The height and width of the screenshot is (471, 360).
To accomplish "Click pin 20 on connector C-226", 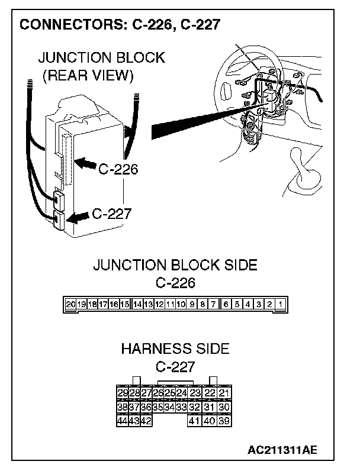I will (71, 305).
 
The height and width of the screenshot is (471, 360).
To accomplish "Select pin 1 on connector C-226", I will (281, 305).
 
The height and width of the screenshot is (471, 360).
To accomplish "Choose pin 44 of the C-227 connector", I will (123, 421).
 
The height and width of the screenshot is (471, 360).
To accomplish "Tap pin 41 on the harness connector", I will (194, 421).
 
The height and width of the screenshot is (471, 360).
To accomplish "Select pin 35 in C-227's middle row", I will (157, 407).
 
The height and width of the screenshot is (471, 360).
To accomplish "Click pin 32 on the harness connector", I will (194, 407).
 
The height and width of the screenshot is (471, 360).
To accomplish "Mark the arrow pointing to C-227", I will (79, 217).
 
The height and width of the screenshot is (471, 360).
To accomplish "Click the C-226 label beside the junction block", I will (118, 170).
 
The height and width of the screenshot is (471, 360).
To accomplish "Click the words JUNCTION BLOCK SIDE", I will (175, 264).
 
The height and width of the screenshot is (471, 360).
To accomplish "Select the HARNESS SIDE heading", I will (175, 349).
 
